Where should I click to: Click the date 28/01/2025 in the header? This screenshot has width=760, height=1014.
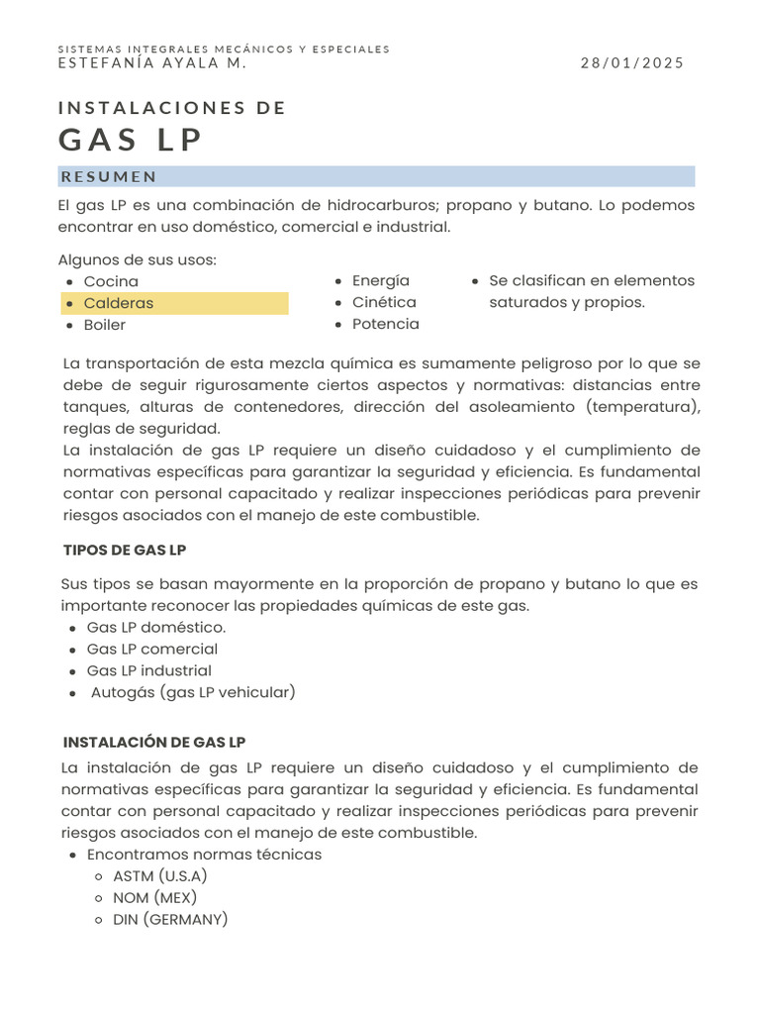[x=631, y=62]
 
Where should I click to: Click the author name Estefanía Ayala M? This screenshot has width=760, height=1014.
[x=152, y=62]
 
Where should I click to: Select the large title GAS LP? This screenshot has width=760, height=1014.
[x=131, y=141]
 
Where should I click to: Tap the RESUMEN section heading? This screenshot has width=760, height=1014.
[x=109, y=177]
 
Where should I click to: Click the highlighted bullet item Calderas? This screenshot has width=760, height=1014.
[x=119, y=303]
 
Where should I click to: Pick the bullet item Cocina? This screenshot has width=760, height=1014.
[x=111, y=281]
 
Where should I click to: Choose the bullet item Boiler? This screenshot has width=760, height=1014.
[x=105, y=325]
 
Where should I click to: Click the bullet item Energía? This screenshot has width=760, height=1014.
[x=381, y=280]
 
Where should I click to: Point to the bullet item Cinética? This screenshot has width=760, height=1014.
[x=384, y=302]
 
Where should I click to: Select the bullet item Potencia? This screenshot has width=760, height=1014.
[x=386, y=324]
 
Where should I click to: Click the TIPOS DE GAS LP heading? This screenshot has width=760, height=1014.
[x=124, y=550]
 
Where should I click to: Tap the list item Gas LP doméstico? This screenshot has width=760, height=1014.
[x=156, y=627]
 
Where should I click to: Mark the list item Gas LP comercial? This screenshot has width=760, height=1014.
[x=152, y=649]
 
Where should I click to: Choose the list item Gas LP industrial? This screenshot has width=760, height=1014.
[x=149, y=670]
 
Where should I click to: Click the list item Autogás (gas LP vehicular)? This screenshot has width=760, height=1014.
[x=193, y=692]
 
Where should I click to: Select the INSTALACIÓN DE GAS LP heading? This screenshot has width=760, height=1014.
[x=154, y=742]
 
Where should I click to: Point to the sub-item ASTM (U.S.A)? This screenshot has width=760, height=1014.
[x=160, y=875]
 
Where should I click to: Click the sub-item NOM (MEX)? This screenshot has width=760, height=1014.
[x=155, y=897]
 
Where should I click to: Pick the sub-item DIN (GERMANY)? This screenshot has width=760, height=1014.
[x=170, y=919]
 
